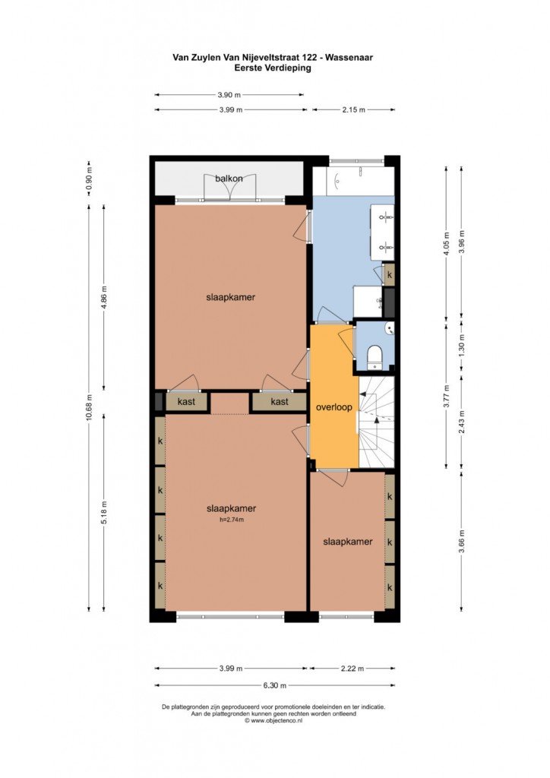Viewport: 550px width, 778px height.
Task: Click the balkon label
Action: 229,178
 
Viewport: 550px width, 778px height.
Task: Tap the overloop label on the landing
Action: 334,407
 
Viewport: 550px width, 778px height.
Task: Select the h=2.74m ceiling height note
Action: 231,520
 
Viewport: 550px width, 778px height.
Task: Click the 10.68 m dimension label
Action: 89,407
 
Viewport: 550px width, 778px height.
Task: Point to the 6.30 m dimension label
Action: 275,685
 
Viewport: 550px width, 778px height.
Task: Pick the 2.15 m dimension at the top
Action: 353,109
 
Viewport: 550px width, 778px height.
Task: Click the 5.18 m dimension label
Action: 104,513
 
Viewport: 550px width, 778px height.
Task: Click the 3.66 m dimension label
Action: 462,541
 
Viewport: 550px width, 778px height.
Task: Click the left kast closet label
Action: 186,401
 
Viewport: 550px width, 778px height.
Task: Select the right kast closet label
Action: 280,401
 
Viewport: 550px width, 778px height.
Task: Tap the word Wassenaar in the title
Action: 349,57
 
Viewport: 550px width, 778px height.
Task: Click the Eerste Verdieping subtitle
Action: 273,68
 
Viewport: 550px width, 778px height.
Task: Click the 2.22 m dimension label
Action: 352,669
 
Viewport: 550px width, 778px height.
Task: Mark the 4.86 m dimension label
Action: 104,298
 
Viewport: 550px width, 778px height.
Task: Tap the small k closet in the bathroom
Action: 390,274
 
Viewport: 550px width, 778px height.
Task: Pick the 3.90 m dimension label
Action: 229,95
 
